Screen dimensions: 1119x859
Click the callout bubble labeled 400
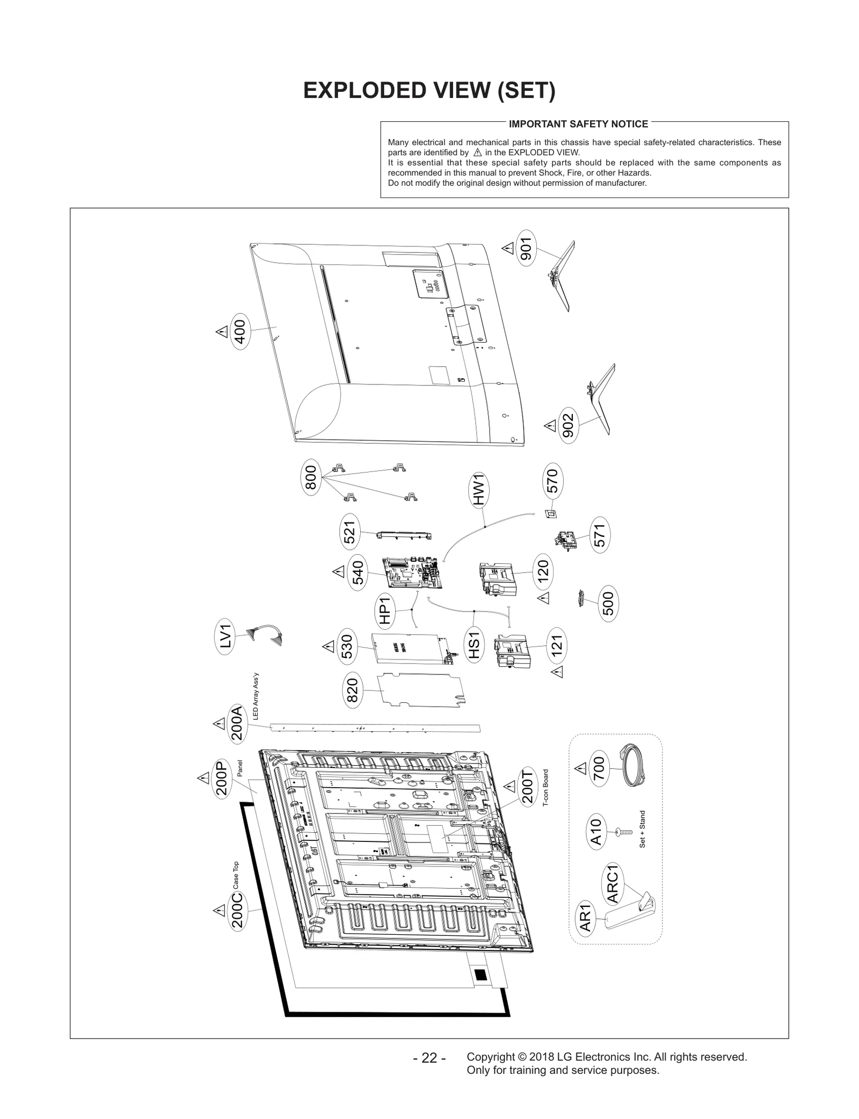[x=240, y=331]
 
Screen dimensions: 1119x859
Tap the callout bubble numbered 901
[x=526, y=248]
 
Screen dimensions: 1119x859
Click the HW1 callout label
[x=479, y=489]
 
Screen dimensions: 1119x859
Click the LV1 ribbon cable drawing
[x=265, y=636]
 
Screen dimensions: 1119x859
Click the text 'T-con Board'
[x=545, y=788]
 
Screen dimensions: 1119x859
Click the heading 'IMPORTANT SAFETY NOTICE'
[x=578, y=124]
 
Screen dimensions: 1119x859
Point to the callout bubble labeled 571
[x=599, y=535]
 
